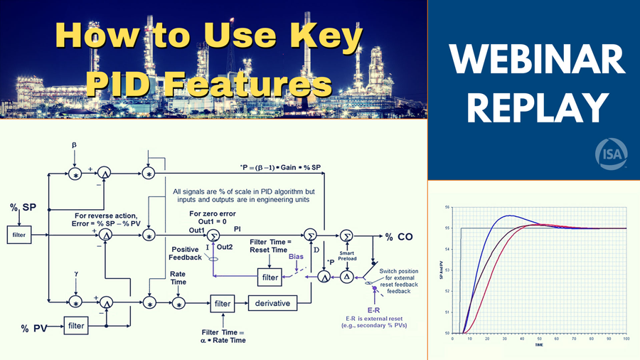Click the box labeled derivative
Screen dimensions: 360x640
272,304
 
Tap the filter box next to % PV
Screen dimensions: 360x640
76,326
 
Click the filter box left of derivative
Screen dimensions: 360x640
222,304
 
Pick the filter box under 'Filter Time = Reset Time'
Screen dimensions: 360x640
270,276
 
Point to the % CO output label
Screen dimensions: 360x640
401,235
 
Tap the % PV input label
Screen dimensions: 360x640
35,328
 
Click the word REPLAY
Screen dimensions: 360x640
533,108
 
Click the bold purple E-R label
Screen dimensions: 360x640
370,310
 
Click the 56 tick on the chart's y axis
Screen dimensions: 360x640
447,207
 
